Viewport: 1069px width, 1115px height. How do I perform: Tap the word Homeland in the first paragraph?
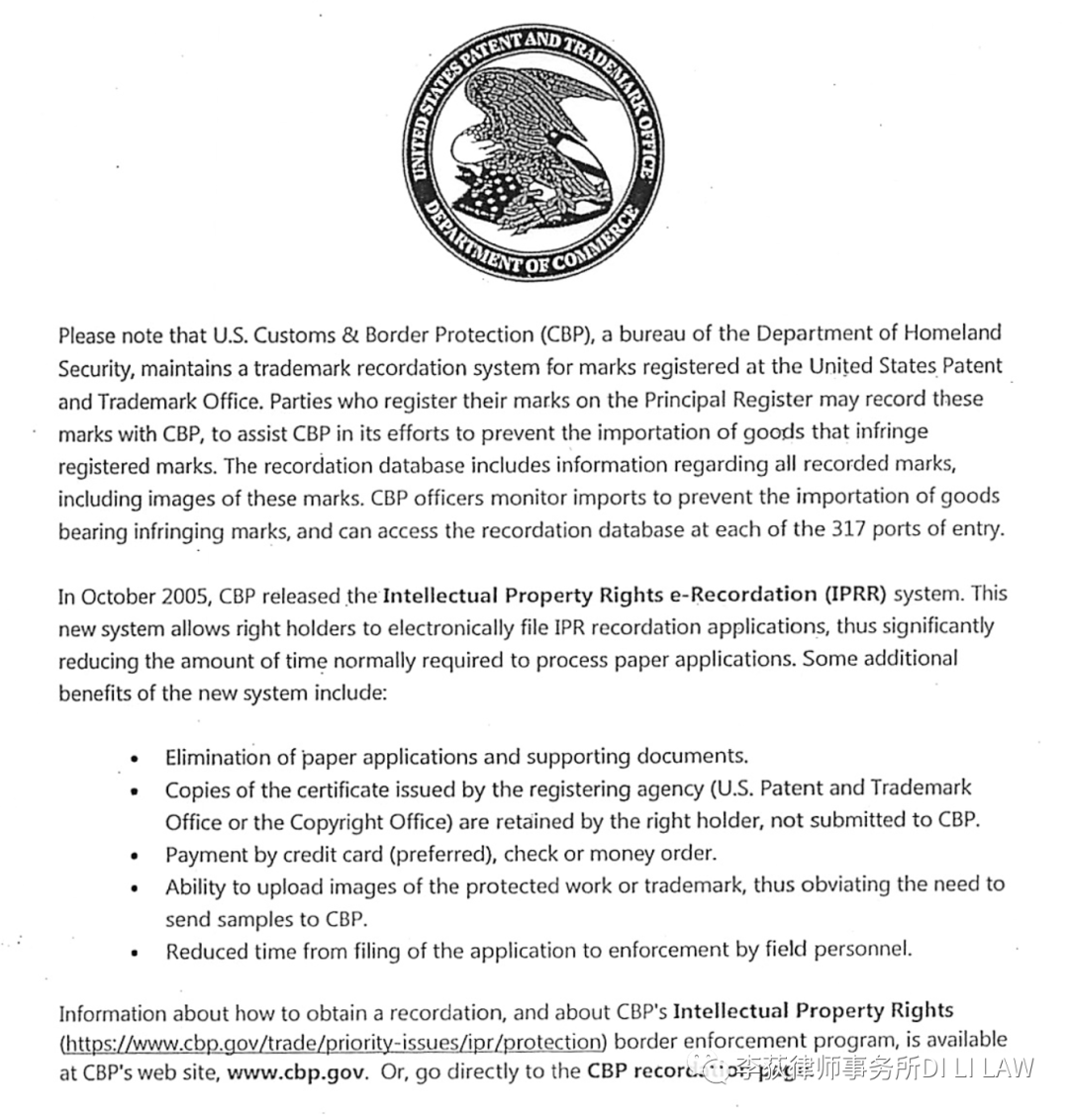coord(948,333)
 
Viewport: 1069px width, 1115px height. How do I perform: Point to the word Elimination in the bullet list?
coord(217,757)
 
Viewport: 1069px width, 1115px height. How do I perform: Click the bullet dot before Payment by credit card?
coord(136,857)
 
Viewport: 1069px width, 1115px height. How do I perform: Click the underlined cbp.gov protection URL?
coord(333,1042)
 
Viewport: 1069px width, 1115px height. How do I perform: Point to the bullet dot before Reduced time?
coord(136,955)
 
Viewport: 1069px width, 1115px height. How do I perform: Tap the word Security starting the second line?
coord(95,368)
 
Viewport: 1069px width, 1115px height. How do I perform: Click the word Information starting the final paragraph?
coord(112,1013)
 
